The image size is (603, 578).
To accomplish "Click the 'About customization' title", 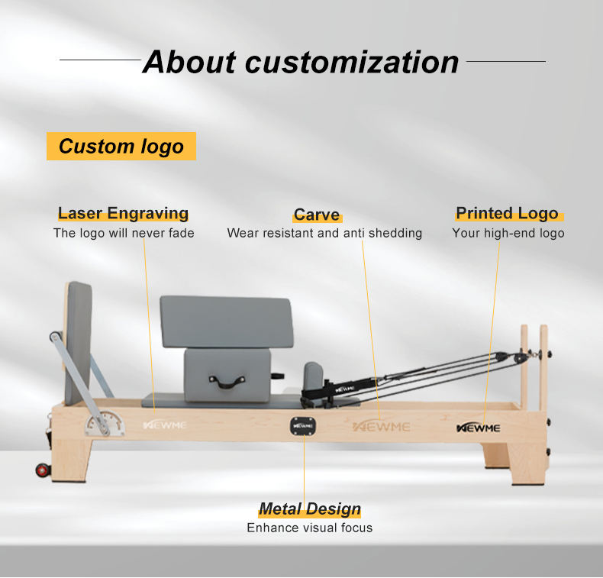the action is (x=301, y=62).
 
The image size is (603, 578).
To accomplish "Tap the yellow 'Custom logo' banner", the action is (x=121, y=146).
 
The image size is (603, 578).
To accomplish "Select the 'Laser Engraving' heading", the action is (x=123, y=214).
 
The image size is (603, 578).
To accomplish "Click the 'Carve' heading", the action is (x=317, y=215).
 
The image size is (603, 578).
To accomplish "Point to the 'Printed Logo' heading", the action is (x=507, y=214).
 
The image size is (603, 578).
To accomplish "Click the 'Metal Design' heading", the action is (x=309, y=509).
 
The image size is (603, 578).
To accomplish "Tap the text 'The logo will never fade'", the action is (x=124, y=233).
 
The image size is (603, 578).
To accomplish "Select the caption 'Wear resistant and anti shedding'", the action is (x=324, y=233).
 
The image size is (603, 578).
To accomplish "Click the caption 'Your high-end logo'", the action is (x=508, y=233).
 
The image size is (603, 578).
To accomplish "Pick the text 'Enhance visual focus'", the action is (x=309, y=528).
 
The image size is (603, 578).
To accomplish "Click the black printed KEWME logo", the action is (x=478, y=428).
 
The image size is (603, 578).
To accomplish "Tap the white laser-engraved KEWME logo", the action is (x=164, y=425).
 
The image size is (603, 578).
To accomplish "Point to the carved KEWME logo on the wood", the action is (x=381, y=426).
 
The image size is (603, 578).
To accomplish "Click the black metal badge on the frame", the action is (x=302, y=425).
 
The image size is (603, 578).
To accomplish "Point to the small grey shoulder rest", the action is (x=314, y=376).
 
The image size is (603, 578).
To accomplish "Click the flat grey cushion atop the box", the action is (x=226, y=321).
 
